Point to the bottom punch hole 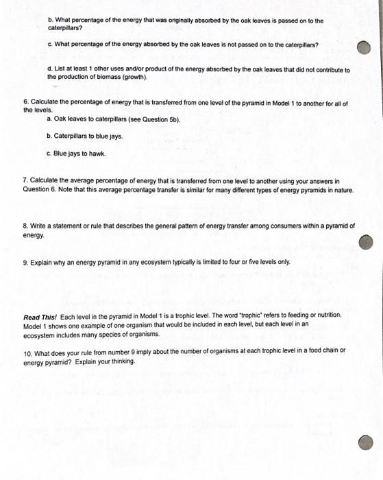tap(367, 442)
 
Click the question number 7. tap(25, 181)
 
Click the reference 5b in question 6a tap(173, 119)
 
